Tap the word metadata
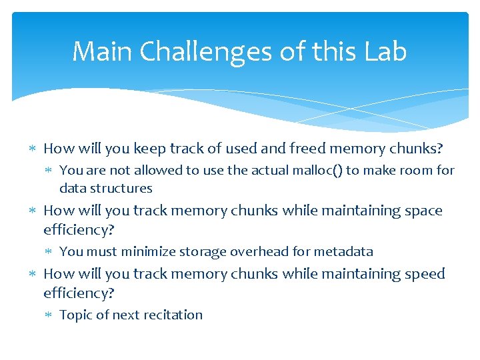click(x=343, y=251)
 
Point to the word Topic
click(x=75, y=315)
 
